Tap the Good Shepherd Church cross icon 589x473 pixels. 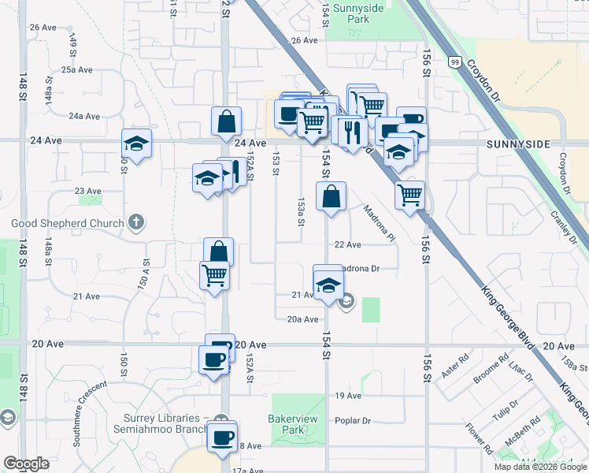pos(136,223)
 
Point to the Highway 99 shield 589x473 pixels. pos(455,61)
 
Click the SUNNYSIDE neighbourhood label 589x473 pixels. pos(517,143)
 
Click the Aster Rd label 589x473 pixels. pos(454,365)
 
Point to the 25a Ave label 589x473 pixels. pos(78,70)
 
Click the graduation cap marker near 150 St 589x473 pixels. pos(136,144)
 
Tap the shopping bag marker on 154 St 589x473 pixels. pos(332,196)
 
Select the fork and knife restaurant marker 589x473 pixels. pos(352,132)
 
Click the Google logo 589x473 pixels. pos(26,464)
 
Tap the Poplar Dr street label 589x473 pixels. pos(352,420)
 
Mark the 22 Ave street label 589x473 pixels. pos(347,245)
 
